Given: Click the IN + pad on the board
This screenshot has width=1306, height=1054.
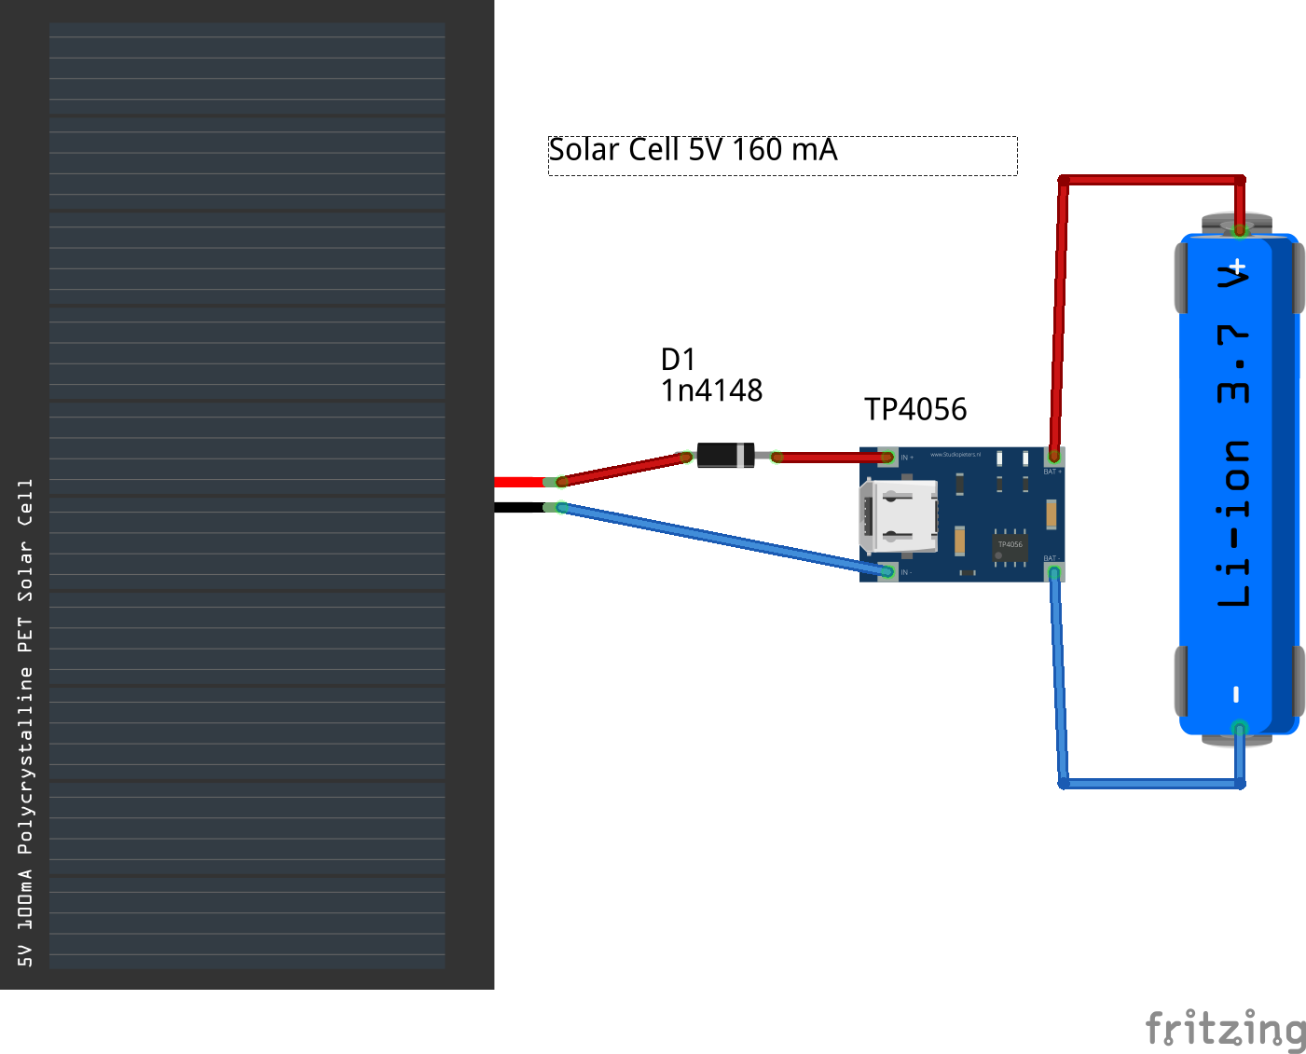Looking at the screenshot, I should (887, 457).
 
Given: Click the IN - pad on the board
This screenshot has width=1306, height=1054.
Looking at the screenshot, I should (887, 571).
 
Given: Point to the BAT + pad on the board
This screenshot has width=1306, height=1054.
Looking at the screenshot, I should (1054, 456).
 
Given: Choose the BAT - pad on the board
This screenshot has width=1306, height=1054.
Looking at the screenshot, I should (1054, 572).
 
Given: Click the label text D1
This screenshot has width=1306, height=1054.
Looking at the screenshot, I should (678, 360).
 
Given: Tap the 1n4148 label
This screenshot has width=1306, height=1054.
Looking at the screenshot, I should (711, 390).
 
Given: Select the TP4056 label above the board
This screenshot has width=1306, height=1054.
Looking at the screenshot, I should (915, 409).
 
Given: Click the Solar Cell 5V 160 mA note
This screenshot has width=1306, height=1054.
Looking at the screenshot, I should (693, 150).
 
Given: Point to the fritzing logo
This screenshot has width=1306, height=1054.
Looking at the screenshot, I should (1225, 1029).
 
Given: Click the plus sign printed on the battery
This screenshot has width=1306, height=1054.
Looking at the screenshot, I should (1237, 267).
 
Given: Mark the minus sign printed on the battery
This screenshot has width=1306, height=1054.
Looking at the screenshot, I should (1236, 693).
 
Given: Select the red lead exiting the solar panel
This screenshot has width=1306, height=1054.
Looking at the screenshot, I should (518, 482).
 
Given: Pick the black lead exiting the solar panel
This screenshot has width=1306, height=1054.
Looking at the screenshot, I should (518, 507).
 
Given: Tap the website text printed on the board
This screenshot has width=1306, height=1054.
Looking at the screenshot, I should (955, 455).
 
